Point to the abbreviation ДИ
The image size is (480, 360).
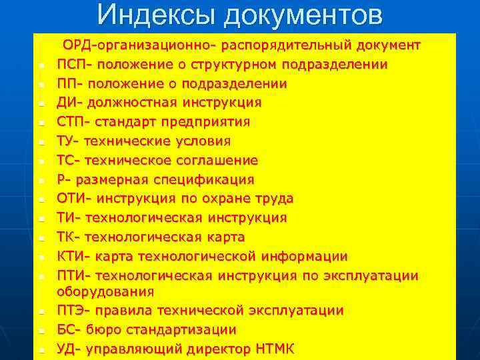point(67,103)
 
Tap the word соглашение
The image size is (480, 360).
point(217,161)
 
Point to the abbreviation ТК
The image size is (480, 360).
point(67,237)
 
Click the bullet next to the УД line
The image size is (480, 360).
point(41,350)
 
